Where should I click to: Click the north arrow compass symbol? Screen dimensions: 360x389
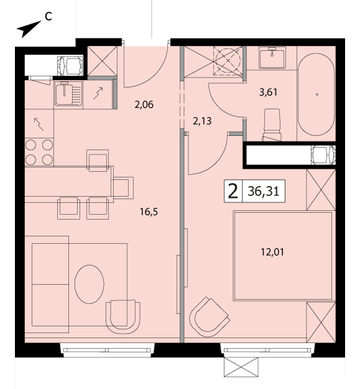coord(28,29)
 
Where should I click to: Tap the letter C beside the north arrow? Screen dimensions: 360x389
coord(48,17)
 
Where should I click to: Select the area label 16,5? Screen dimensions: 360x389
coord(149,212)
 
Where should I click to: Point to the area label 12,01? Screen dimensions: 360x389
coord(272,252)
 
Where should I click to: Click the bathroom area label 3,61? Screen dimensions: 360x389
coord(268,92)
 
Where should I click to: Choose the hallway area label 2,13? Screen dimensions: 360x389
coord(202,121)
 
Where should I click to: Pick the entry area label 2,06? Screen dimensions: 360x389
coord(144,104)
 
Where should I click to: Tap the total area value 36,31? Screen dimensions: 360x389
coord(263,191)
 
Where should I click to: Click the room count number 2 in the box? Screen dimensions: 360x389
coord(233,192)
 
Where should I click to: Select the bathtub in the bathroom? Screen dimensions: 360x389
coord(316,94)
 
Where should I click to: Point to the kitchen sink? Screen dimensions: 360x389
coord(68,94)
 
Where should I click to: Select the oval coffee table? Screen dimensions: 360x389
coord(89,284)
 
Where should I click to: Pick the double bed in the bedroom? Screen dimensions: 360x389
coord(283,256)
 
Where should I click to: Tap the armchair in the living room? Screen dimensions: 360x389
coord(123,315)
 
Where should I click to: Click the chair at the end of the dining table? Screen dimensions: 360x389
coord(123,188)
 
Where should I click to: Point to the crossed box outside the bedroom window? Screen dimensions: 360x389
coord(241,369)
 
